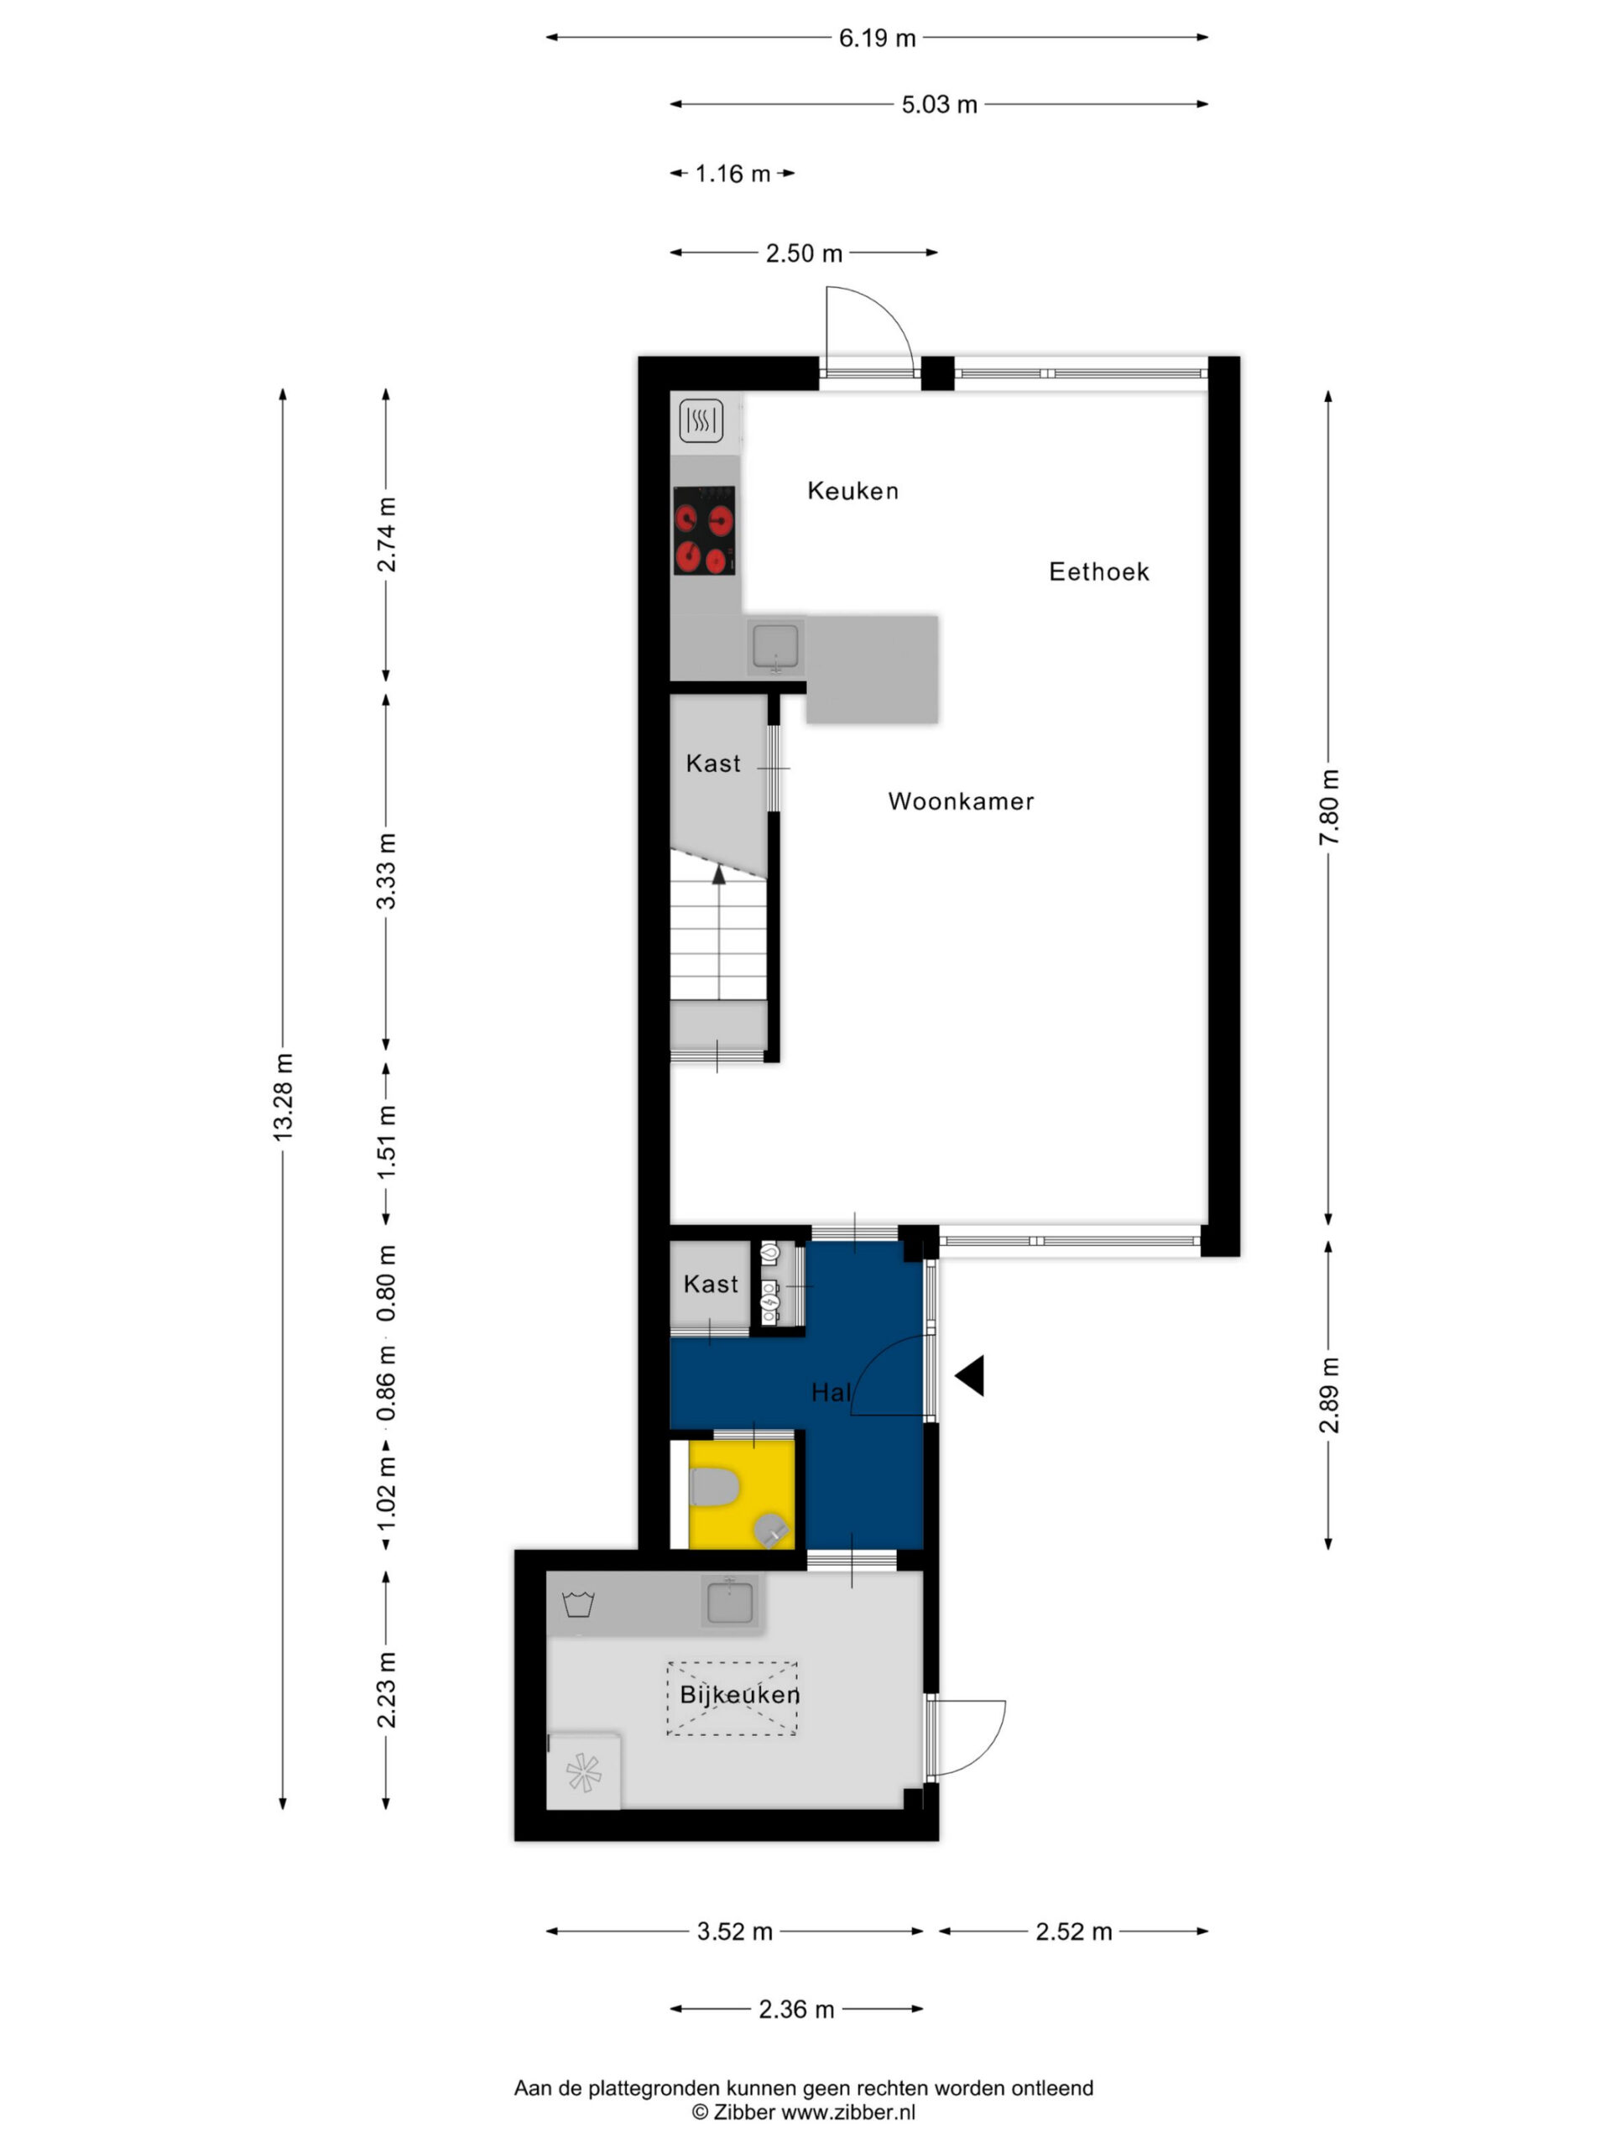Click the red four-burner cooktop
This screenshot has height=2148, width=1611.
pyautogui.click(x=704, y=530)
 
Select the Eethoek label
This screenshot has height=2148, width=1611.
pyautogui.click(x=1098, y=571)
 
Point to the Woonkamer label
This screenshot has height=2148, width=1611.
pyautogui.click(x=961, y=801)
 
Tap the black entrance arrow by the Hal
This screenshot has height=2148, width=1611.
pyautogui.click(x=969, y=1375)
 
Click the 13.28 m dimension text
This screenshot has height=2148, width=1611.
pyautogui.click(x=283, y=1097)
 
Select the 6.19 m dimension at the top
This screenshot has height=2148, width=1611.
pyautogui.click(x=877, y=38)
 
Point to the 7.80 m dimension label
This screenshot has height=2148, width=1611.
pyautogui.click(x=1328, y=807)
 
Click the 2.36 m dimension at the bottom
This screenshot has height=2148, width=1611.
pyautogui.click(x=796, y=2010)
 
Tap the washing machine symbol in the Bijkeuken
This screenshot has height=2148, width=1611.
pyautogui.click(x=579, y=1603)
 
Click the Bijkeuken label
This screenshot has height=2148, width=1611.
pyautogui.click(x=740, y=1695)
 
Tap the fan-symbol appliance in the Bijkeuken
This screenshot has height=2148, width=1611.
pyautogui.click(x=582, y=1774)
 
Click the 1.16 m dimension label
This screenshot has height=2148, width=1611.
pyautogui.click(x=733, y=174)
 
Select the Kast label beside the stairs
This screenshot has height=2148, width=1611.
pyautogui.click(x=712, y=764)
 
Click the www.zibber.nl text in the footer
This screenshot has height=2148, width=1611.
pyautogui.click(x=847, y=2112)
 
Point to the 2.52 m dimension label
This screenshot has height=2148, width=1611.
pyautogui.click(x=1073, y=1932)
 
